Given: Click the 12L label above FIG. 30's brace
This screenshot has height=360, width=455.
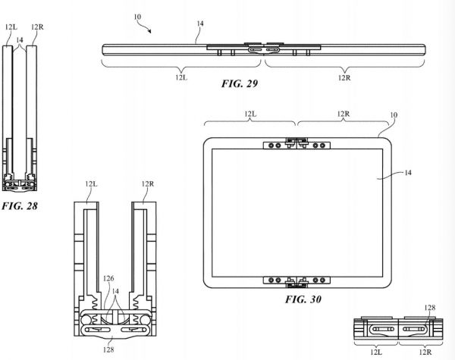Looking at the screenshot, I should pyautogui.click(x=250, y=114).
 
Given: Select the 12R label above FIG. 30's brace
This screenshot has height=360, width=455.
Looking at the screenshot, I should pyautogui.click(x=342, y=114).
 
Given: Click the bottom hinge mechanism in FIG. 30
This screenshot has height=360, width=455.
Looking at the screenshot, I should pyautogui.click(x=295, y=280).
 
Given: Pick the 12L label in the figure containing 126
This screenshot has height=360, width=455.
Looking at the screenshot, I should pyautogui.click(x=91, y=184).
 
